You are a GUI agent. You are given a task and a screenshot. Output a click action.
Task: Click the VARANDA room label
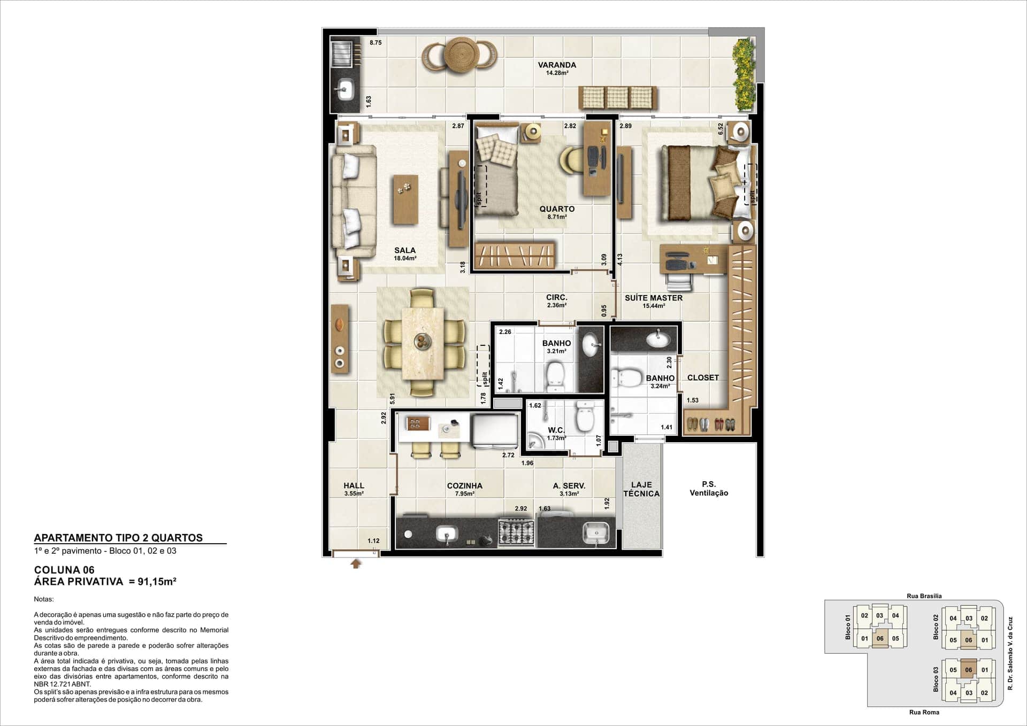(557, 65)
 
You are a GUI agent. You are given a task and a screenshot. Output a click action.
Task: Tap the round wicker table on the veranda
(460, 55)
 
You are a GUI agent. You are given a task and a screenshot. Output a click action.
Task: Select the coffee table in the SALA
(405, 199)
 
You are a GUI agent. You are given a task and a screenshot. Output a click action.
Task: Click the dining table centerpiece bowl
(423, 341)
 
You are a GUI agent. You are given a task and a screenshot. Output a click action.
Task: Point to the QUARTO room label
(557, 209)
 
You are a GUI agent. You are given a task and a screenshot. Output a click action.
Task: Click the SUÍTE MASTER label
(654, 298)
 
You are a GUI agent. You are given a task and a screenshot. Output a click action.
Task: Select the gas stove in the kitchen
(516, 532)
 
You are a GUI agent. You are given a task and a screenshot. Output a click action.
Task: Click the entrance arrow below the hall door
(356, 563)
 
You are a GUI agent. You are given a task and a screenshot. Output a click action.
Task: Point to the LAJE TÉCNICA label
(641, 489)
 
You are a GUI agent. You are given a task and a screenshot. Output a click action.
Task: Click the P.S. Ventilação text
(709, 489)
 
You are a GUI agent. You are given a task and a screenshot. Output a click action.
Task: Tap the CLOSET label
(703, 377)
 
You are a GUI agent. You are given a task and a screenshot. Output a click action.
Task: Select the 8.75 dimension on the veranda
(375, 43)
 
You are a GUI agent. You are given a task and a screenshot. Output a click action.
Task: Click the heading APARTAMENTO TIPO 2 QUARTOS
(118, 538)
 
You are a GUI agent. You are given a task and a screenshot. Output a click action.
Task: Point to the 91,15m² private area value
(157, 582)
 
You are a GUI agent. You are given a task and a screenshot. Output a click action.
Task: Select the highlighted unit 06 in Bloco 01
(880, 638)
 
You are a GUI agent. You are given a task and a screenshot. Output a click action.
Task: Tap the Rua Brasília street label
(924, 596)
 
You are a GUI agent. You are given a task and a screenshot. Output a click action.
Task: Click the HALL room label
(354, 485)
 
